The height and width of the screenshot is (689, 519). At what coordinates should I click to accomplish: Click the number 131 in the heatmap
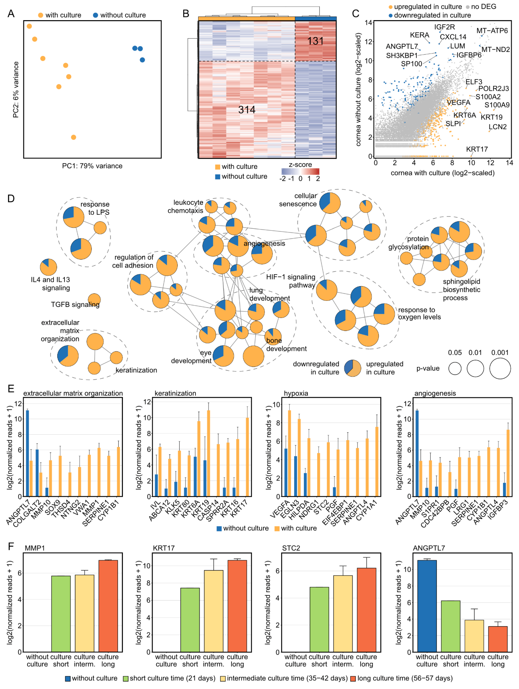click(x=315, y=41)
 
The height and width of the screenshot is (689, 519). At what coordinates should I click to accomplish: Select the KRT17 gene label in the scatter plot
click(x=477, y=149)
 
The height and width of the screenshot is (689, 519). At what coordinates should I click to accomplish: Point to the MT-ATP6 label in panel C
click(x=492, y=31)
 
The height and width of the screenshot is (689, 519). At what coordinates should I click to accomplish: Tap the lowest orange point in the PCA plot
click(x=73, y=137)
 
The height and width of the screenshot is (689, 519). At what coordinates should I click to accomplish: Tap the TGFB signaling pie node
click(x=94, y=300)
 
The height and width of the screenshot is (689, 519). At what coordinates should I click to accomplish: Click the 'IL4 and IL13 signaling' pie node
click(x=49, y=267)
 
